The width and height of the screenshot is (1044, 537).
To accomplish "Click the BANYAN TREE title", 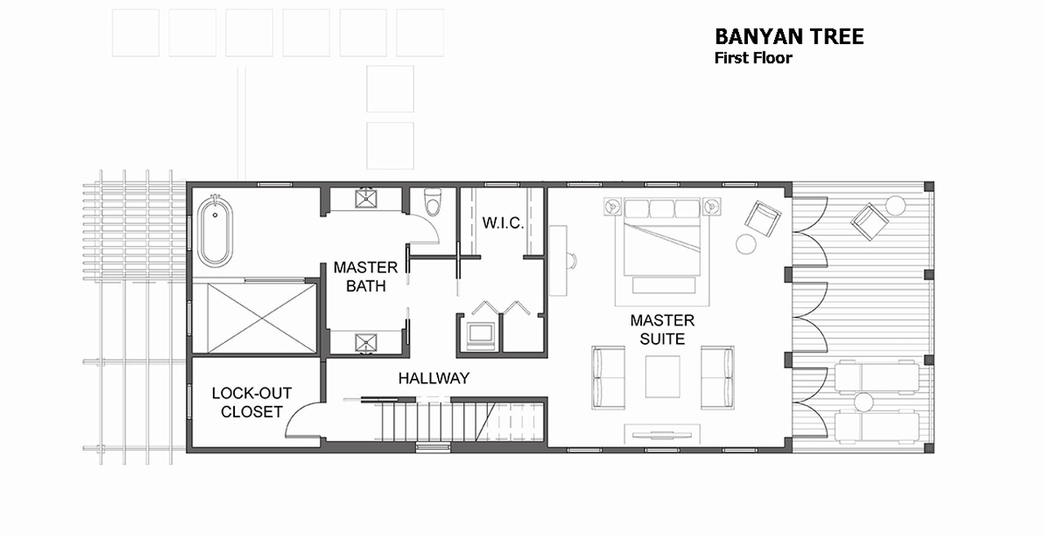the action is (x=789, y=37).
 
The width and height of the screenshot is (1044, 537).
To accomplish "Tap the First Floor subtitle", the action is (x=753, y=58).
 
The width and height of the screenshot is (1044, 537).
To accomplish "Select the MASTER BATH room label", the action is (x=366, y=277).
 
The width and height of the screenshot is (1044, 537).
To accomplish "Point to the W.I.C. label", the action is (x=503, y=223).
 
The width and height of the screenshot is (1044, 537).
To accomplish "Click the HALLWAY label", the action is (x=434, y=378).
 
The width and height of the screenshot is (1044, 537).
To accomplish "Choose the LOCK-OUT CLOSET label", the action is (x=252, y=403).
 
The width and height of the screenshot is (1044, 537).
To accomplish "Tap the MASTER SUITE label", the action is (x=662, y=329).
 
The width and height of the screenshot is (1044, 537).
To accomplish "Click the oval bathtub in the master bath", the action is (x=215, y=231).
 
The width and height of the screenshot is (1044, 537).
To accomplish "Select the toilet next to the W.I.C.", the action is (x=433, y=201).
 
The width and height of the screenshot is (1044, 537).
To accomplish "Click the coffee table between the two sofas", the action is (x=662, y=376).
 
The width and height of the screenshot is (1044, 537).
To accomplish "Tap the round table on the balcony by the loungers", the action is (x=863, y=403).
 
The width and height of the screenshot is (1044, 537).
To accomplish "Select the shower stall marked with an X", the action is (x=262, y=319).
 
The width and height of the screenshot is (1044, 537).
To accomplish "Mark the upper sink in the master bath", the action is (x=366, y=199).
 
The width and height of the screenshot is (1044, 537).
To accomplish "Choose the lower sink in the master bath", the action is (x=366, y=343).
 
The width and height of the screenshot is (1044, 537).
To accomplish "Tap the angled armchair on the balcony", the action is (x=869, y=222).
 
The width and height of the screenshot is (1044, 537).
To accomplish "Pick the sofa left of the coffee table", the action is (x=608, y=378).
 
